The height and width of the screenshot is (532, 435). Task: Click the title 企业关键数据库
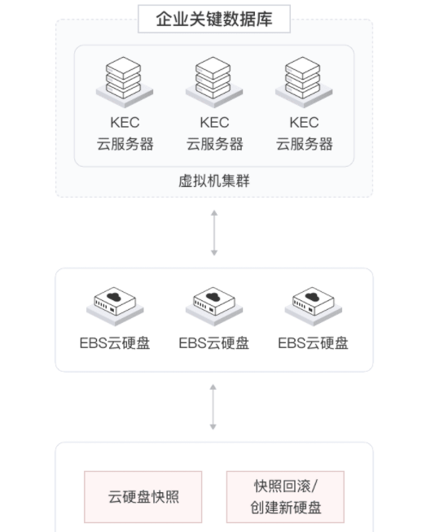coord(214,19)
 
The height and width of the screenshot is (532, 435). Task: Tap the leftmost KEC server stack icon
coord(125,82)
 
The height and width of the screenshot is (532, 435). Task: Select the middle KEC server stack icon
coord(214,82)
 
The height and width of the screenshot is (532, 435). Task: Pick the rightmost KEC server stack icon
coord(304,82)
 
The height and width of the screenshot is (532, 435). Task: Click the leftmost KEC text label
coord(125,123)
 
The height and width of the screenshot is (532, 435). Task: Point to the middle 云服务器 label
coord(214,144)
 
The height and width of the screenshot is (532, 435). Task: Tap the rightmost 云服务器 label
coord(304,144)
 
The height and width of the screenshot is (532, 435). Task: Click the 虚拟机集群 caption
coord(214,181)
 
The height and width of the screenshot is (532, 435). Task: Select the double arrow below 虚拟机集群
coord(214,233)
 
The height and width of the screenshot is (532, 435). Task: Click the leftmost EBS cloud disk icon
coord(115,307)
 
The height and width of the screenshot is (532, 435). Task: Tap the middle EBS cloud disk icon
coord(214,307)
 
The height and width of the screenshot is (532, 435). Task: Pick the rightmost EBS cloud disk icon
coord(314,307)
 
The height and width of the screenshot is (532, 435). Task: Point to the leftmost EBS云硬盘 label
coord(115,343)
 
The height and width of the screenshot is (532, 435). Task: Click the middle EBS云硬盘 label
coord(214,343)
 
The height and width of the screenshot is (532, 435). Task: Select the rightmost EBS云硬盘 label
coord(314,343)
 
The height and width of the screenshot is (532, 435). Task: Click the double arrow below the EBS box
coord(213,407)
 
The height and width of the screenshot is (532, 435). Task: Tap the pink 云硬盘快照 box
coord(143,497)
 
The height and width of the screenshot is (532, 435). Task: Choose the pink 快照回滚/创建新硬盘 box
coord(285,497)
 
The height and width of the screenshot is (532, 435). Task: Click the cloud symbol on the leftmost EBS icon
coord(114,297)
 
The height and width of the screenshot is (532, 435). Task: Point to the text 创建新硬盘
coord(286,508)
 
